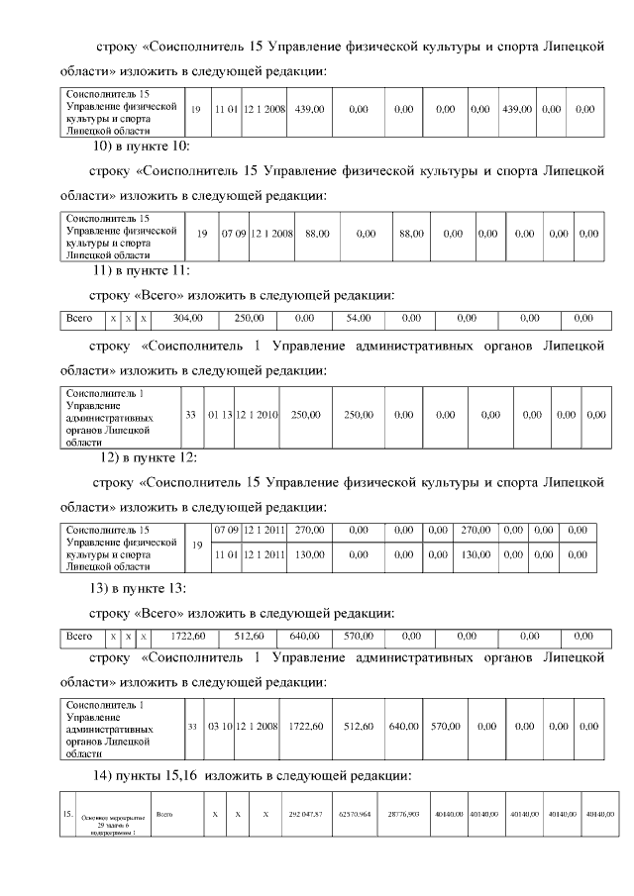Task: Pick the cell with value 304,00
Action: point(187,319)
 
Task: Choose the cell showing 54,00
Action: point(358,319)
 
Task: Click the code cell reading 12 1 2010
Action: point(258,415)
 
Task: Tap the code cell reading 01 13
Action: point(219,415)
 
